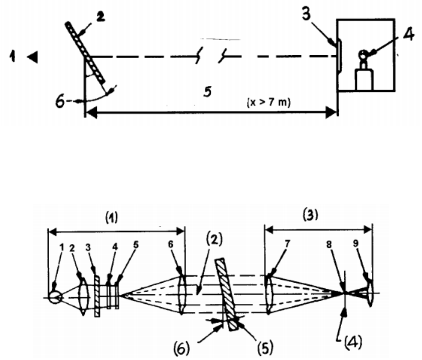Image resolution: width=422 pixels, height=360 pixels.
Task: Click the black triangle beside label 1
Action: [33, 57]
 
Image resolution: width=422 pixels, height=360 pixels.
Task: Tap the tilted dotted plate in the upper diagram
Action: [85, 52]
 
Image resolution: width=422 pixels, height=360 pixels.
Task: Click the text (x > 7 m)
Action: [268, 102]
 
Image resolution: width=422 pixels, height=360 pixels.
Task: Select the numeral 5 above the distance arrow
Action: [208, 92]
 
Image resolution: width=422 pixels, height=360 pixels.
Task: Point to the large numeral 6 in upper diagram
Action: [60, 101]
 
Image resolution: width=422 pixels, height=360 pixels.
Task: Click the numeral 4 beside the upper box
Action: [408, 35]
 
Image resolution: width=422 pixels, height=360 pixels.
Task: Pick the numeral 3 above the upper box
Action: [307, 14]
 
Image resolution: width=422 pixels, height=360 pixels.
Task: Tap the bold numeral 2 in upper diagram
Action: [100, 17]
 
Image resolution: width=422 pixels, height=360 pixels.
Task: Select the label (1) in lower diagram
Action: [111, 217]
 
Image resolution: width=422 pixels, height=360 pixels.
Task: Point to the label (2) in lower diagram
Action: [214, 238]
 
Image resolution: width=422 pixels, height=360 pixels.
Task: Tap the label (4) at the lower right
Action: [353, 342]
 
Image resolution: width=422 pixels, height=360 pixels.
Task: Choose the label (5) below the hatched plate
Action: [265, 347]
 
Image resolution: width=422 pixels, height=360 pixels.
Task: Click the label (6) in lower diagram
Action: [182, 348]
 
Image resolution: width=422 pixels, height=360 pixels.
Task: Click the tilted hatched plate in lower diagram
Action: [227, 295]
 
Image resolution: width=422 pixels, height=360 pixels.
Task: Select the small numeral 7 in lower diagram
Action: [287, 244]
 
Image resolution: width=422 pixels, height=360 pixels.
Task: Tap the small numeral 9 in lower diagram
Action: [356, 244]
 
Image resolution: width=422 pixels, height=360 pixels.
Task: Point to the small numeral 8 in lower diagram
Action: [329, 245]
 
